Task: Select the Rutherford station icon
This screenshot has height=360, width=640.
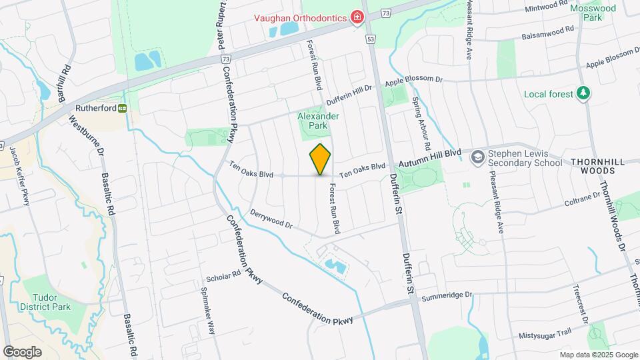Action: point(123,108)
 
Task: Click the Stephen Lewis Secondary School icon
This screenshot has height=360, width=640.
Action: point(477,157)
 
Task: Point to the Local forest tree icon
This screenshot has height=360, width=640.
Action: point(584,93)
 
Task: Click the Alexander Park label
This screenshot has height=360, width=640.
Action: point(319,121)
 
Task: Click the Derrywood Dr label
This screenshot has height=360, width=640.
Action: point(272,221)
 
